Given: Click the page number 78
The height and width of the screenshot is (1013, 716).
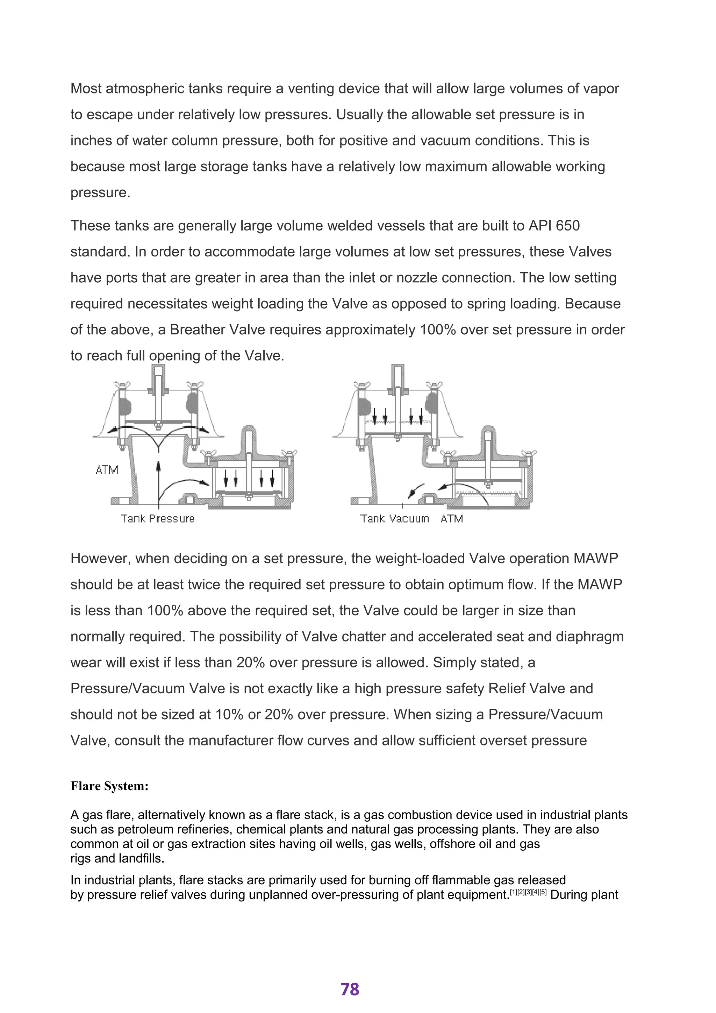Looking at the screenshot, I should pyautogui.click(x=350, y=989).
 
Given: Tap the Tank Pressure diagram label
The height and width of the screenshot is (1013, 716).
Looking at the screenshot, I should pyautogui.click(x=157, y=519).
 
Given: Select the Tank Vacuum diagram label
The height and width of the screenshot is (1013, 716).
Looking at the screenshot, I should pyautogui.click(x=394, y=519).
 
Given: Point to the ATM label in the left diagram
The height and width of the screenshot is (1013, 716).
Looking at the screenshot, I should pyautogui.click(x=107, y=470).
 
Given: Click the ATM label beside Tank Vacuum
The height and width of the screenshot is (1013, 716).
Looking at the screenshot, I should pyautogui.click(x=451, y=519).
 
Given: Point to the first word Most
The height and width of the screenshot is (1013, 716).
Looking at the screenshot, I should pyautogui.click(x=86, y=89).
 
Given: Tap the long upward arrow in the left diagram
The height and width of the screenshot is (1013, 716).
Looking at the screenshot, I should pyautogui.click(x=158, y=481).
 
